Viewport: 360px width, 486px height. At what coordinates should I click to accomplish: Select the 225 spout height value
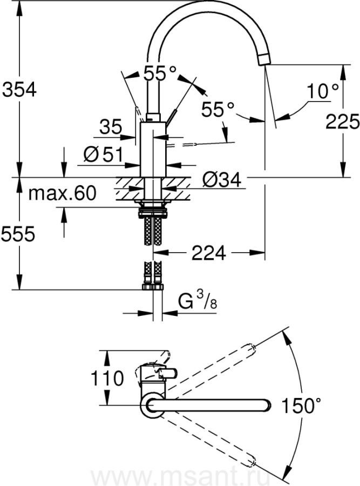(x=342, y=121)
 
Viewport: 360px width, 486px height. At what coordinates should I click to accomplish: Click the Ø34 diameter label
(x=221, y=179)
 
